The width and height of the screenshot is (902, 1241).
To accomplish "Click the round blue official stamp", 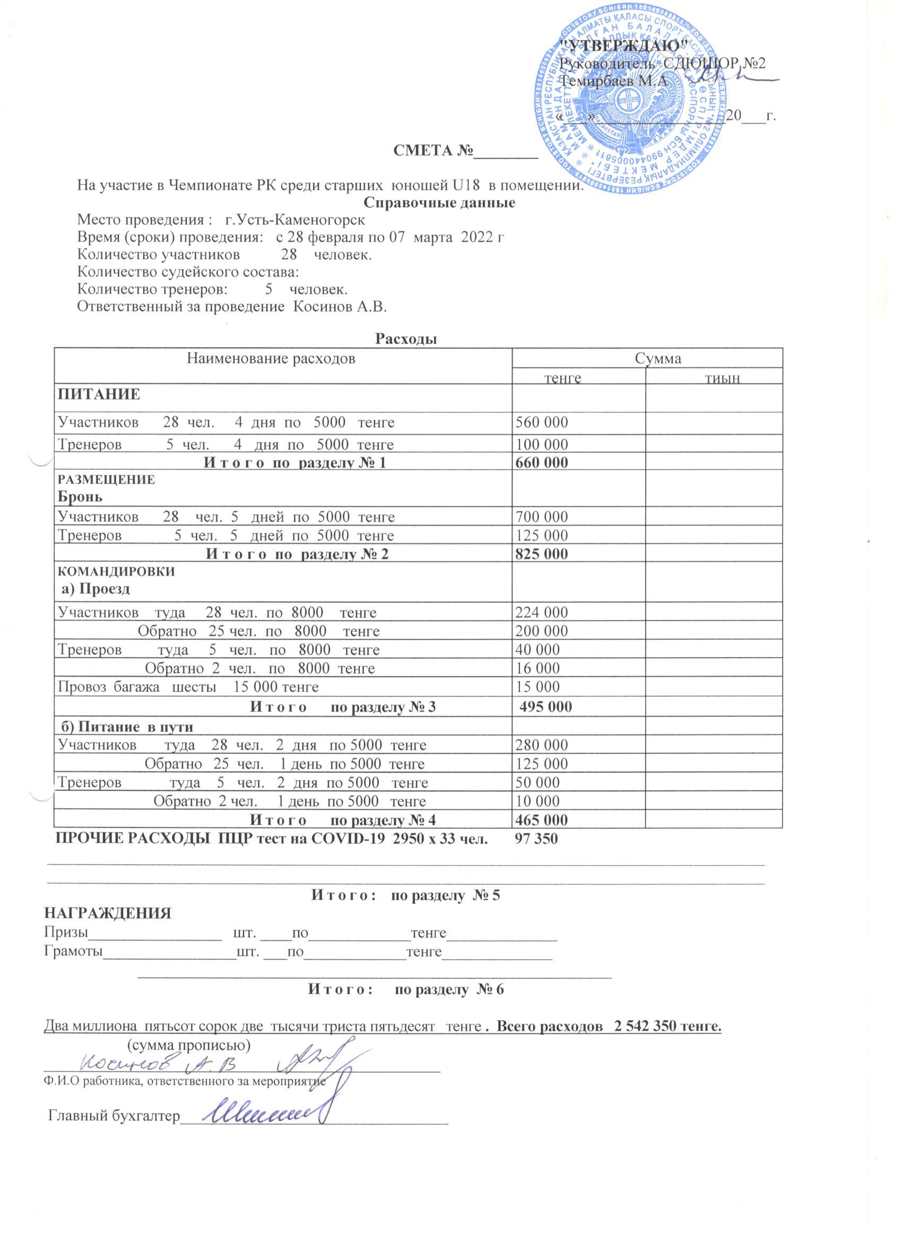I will pyautogui.click(x=631, y=102).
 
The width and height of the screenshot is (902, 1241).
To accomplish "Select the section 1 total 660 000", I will pyautogui.click(x=542, y=462).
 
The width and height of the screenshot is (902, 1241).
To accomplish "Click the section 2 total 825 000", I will pyautogui.click(x=542, y=554).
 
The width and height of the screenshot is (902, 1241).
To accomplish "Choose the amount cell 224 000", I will pyautogui.click(x=542, y=612).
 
